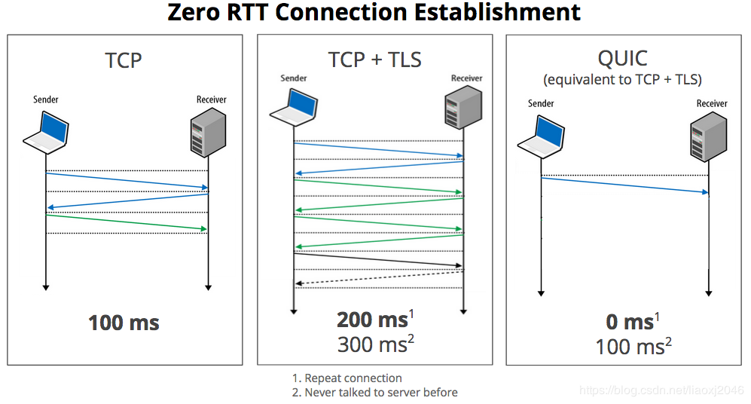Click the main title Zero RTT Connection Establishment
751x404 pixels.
[374, 13]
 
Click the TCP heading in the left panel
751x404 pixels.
[124, 60]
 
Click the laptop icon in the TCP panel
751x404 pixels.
[46, 130]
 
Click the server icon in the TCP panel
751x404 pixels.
[209, 130]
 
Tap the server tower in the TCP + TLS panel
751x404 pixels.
[463, 105]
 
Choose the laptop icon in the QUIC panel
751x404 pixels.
[541, 136]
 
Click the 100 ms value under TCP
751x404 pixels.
[124, 323]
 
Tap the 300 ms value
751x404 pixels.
[373, 344]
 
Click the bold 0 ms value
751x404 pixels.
[630, 322]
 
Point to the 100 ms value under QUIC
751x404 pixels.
[630, 347]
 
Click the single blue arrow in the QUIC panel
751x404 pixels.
[624, 185]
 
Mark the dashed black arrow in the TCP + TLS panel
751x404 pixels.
[379, 277]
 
